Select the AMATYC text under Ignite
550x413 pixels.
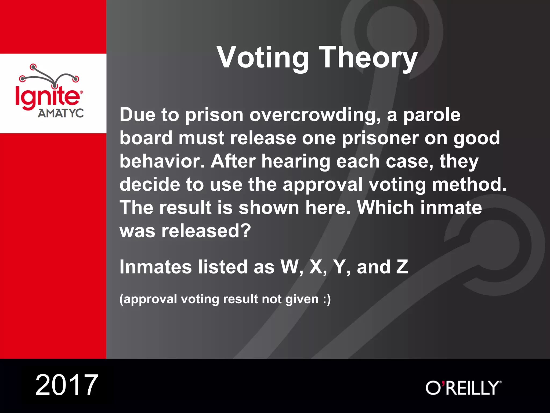tap(61, 113)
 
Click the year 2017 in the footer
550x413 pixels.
tap(67, 385)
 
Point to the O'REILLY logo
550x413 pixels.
tap(463, 388)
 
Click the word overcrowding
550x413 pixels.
tap(315, 115)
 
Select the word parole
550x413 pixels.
tap(432, 115)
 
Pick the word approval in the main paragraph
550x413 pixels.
tap(322, 185)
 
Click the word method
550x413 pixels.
tap(469, 185)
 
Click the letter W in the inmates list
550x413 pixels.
tap(291, 267)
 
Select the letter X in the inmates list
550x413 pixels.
tap(317, 267)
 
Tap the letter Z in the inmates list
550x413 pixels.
tap(402, 267)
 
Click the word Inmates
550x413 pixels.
tap(156, 267)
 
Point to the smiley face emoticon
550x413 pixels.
tap(327, 299)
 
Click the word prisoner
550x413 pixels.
tap(380, 138)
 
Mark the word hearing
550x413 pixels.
tap(296, 161)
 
